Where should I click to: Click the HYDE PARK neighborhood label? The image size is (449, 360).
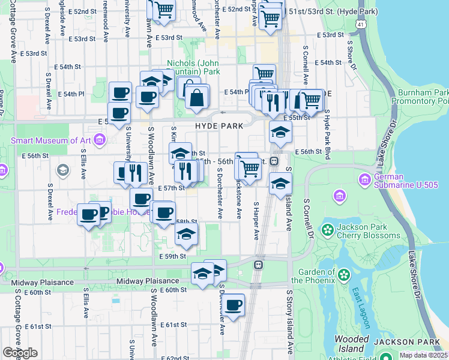pyautogui.click(x=218, y=126)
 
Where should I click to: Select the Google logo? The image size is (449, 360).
pyautogui.click(x=20, y=353)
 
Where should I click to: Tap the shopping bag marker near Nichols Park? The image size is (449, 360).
pyautogui.click(x=196, y=96)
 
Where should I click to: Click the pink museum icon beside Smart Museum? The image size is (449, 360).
pyautogui.click(x=99, y=141)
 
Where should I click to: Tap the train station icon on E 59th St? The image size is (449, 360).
pyautogui.click(x=259, y=264)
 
